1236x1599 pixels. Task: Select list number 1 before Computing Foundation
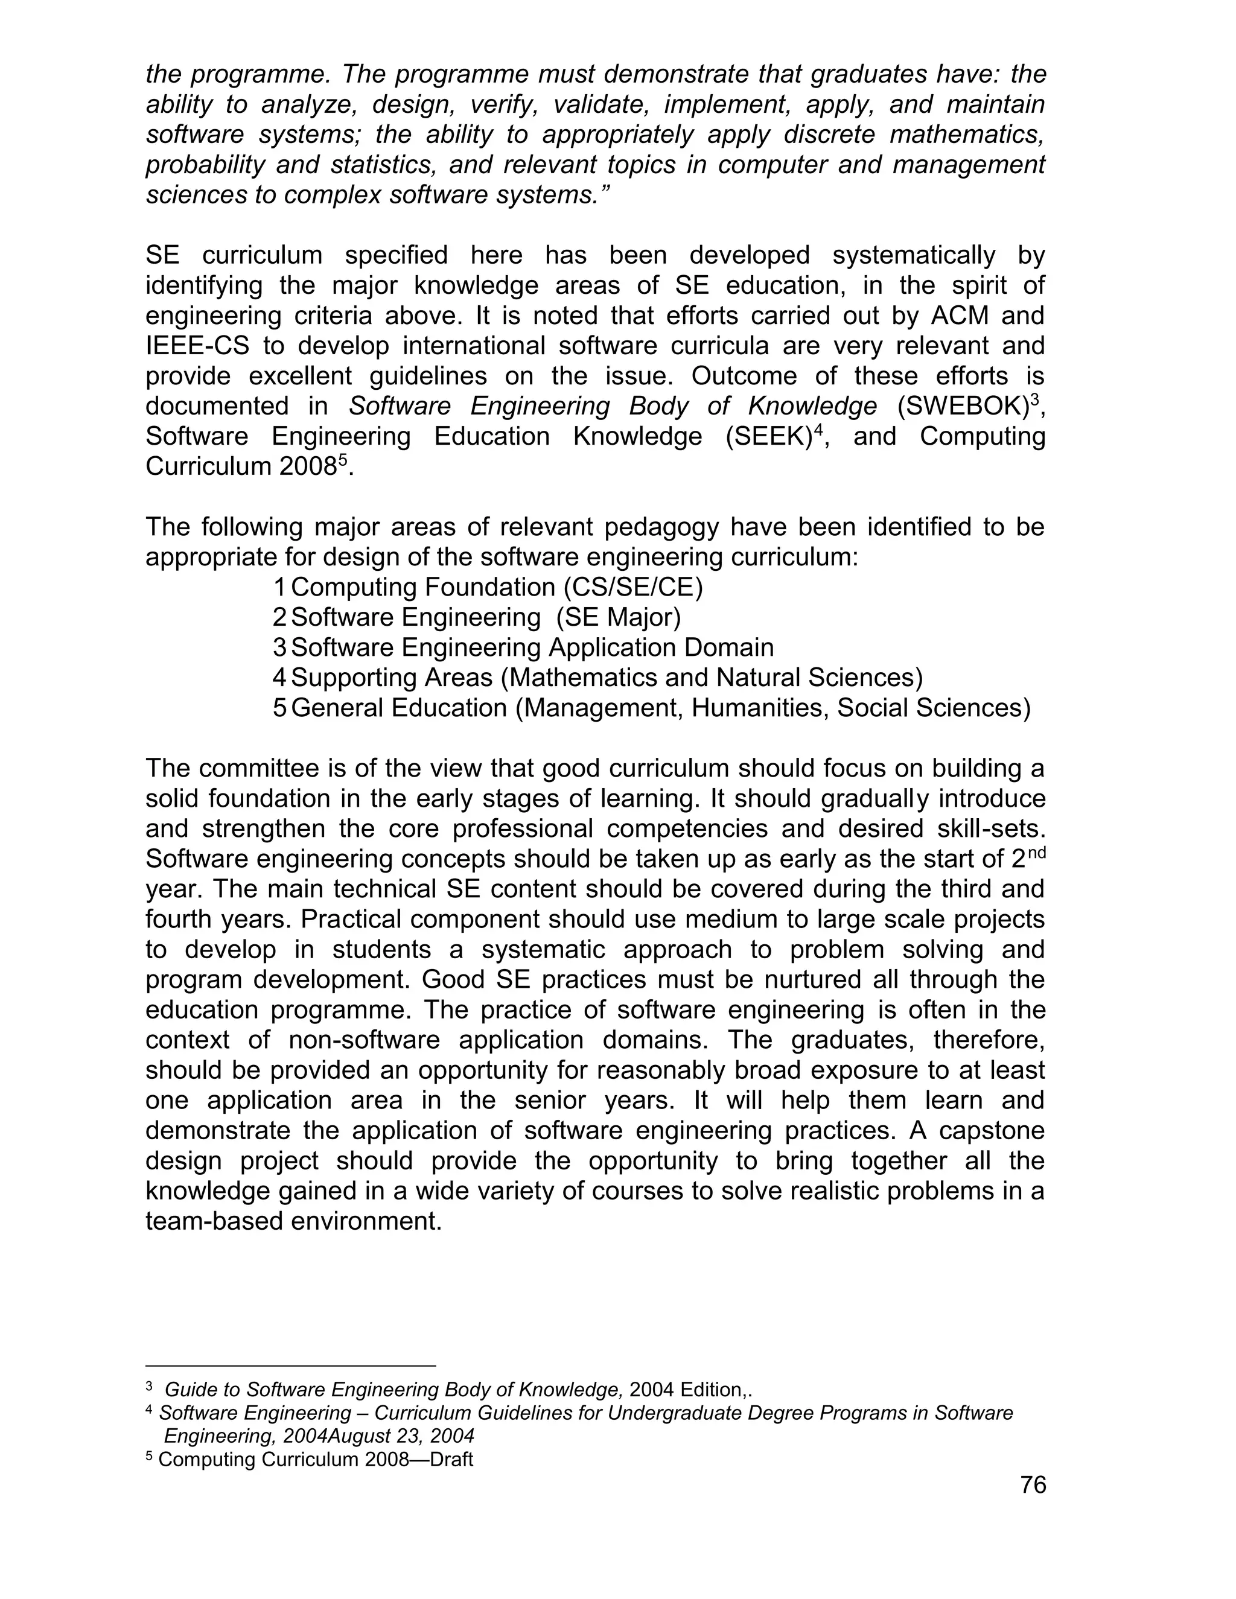point(279,587)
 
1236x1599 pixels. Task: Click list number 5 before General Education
point(279,708)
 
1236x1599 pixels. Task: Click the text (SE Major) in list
point(619,617)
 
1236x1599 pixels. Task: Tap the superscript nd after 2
point(1036,851)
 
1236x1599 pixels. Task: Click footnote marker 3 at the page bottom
point(150,1386)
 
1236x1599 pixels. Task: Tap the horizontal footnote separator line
point(291,1365)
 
